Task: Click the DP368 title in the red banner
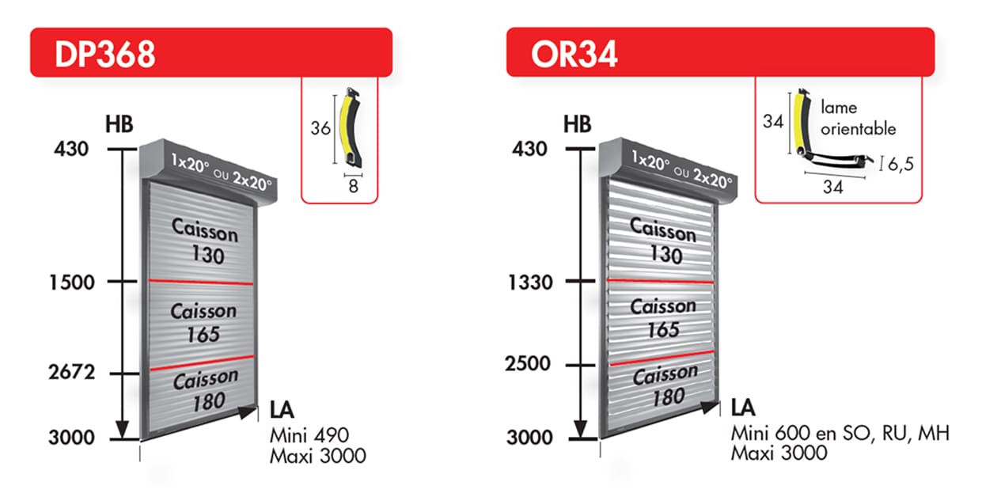(105, 54)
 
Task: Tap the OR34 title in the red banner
(574, 55)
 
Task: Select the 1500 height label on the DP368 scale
(72, 283)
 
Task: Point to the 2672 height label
(71, 372)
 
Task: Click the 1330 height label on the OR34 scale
(530, 283)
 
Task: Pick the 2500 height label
(527, 364)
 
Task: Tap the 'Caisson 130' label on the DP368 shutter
(205, 241)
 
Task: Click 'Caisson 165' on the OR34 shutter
(663, 317)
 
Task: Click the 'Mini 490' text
(309, 435)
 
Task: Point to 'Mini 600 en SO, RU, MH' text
(840, 433)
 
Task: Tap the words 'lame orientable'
(858, 119)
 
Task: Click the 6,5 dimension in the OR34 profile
(900, 165)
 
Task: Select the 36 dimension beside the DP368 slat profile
(320, 128)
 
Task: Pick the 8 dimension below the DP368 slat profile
(354, 186)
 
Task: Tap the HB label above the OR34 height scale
(578, 124)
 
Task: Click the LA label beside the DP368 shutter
(282, 410)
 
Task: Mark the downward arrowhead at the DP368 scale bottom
(122, 430)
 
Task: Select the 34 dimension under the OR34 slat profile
(833, 187)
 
